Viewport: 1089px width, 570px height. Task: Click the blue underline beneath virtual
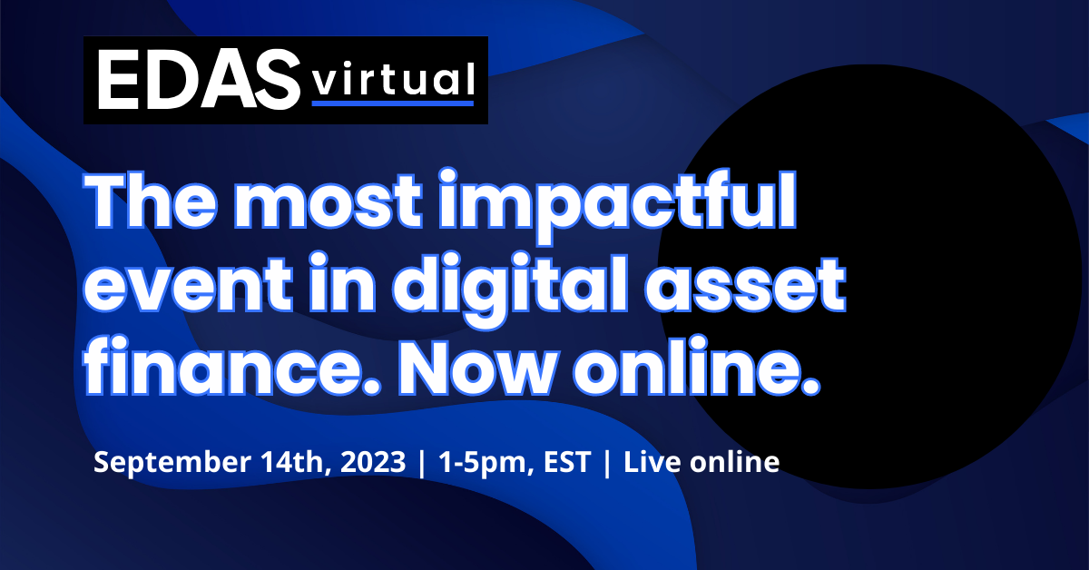(392, 103)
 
